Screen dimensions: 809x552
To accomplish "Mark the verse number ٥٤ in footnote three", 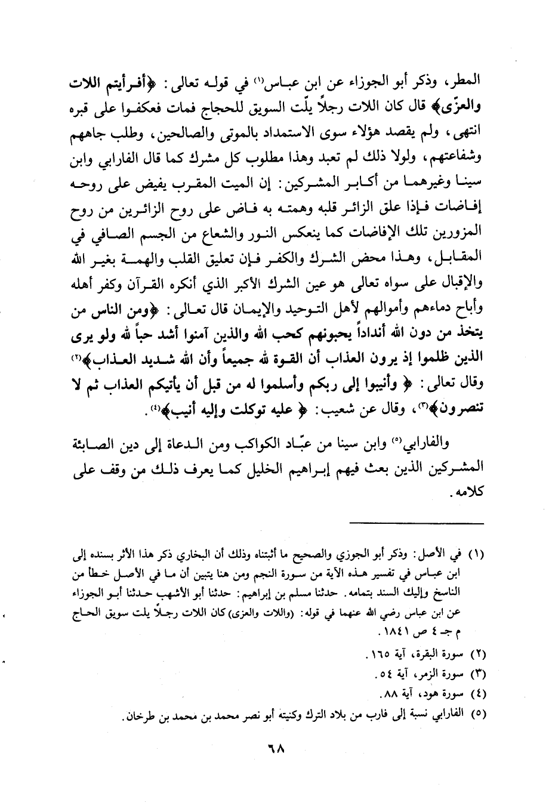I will click(x=383, y=675).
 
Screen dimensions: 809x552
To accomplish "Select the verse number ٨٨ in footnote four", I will click(x=386, y=694).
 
